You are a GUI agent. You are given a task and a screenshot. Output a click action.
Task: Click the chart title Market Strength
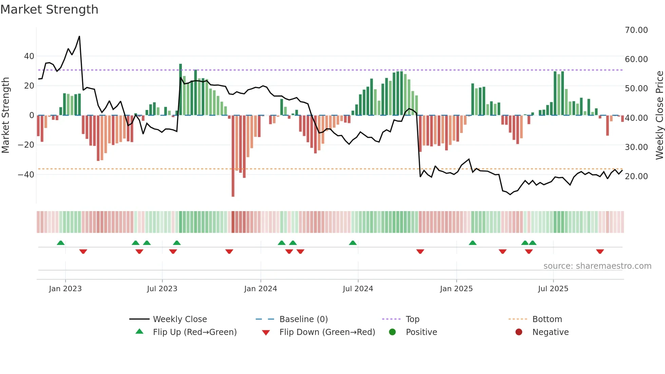point(49,10)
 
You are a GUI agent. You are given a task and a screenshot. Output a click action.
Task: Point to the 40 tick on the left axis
point(29,56)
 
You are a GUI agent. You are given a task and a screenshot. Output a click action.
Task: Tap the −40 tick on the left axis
point(26,174)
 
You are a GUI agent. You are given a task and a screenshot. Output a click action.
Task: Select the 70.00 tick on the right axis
point(636,30)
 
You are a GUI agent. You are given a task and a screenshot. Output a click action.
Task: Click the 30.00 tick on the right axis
point(636,147)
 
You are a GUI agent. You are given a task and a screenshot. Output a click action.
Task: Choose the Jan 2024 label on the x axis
point(260,288)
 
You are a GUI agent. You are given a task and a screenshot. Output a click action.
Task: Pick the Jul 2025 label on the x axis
point(553,288)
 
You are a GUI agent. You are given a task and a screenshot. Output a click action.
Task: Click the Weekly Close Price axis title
point(659,115)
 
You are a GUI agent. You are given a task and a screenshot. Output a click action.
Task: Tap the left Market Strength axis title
point(6,115)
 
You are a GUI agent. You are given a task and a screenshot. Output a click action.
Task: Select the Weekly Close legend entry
point(179,319)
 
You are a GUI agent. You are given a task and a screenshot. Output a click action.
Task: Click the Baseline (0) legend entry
point(303,319)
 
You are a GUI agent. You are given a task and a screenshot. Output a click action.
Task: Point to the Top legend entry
point(412,319)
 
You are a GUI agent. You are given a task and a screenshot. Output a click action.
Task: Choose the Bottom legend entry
point(547,319)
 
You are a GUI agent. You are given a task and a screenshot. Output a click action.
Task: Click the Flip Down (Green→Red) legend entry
point(327,332)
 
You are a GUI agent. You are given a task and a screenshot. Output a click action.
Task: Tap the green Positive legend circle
point(392,332)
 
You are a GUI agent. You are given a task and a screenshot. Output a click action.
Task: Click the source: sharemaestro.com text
point(597,266)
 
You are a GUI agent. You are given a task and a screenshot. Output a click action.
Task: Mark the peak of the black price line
point(79,36)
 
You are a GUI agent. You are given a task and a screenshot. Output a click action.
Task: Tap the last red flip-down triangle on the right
point(600,251)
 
